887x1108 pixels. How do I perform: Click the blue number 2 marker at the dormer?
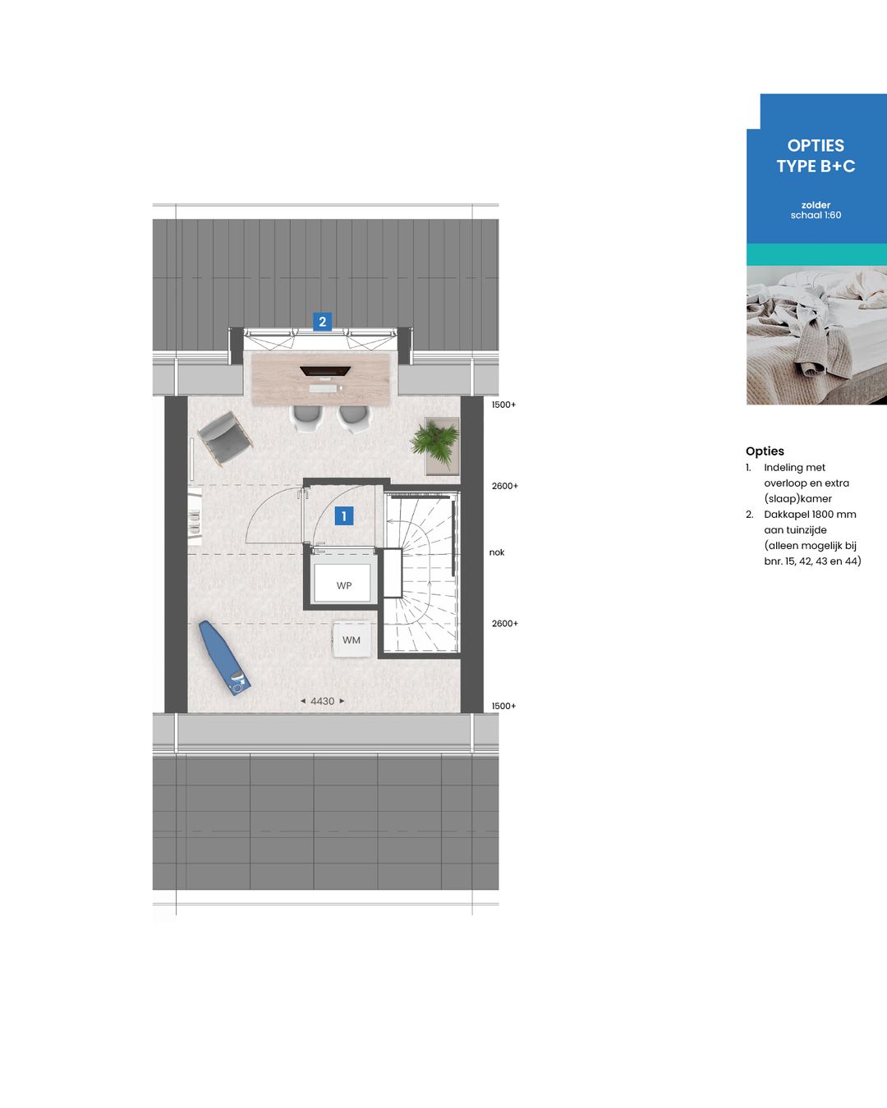point(322,322)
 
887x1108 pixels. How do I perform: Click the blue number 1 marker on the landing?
point(344,515)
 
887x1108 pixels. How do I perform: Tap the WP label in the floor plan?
point(344,585)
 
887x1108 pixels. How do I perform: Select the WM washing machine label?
point(352,640)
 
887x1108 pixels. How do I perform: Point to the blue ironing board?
point(224,657)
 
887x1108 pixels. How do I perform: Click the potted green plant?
point(436,444)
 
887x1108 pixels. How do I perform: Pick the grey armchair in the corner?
point(223,437)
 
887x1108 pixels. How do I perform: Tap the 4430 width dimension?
point(322,701)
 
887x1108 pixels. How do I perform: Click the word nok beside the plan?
point(497,552)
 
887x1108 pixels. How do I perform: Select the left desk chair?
point(305,417)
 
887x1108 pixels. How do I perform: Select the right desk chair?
point(354,418)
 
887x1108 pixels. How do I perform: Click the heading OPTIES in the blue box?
point(816,145)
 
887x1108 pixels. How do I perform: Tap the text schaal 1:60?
point(816,216)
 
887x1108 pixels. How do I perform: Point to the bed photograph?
point(816,335)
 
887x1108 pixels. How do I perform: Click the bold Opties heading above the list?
point(765,451)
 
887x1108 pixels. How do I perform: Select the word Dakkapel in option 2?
point(786,515)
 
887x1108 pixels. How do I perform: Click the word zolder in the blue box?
point(816,205)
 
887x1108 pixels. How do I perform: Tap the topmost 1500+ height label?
point(503,405)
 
